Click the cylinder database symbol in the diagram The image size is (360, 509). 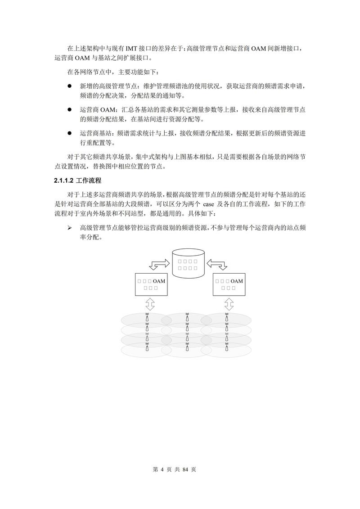tap(188, 263)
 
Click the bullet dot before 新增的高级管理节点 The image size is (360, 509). tap(70, 86)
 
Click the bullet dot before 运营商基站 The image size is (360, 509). tap(70, 133)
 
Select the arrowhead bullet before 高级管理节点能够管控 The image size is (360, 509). tap(70, 228)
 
